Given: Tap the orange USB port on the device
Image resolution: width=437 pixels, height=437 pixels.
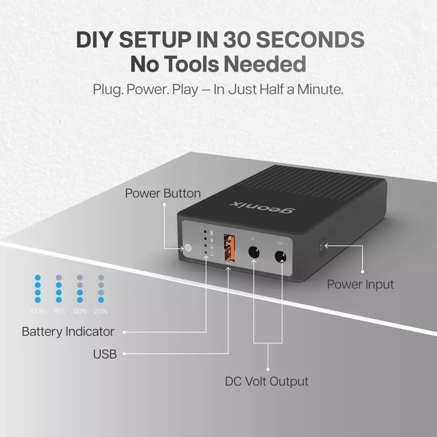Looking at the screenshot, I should (x=230, y=246).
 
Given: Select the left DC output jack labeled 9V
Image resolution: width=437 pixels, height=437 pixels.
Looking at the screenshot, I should (x=254, y=252).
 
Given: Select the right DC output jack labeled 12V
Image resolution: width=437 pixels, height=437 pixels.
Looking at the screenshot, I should (x=280, y=257).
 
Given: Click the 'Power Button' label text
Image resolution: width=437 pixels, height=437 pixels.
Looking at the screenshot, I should (x=162, y=193).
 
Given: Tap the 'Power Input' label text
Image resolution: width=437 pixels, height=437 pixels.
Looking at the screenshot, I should (x=360, y=285).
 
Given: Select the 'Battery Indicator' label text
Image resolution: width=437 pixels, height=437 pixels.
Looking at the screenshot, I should (x=68, y=331).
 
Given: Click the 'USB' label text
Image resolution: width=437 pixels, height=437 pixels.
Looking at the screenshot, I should (x=105, y=354).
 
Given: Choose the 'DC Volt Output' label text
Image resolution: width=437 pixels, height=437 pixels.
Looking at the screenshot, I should (x=267, y=381).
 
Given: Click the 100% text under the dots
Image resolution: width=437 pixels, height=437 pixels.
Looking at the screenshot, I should (x=37, y=311).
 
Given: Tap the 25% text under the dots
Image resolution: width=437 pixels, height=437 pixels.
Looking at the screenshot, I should (x=101, y=311).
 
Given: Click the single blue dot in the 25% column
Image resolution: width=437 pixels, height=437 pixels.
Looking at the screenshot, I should (x=101, y=300).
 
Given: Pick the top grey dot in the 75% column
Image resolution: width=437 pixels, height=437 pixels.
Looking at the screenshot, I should (x=59, y=277).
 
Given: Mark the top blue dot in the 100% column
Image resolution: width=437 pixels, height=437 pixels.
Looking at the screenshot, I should (x=37, y=277).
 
